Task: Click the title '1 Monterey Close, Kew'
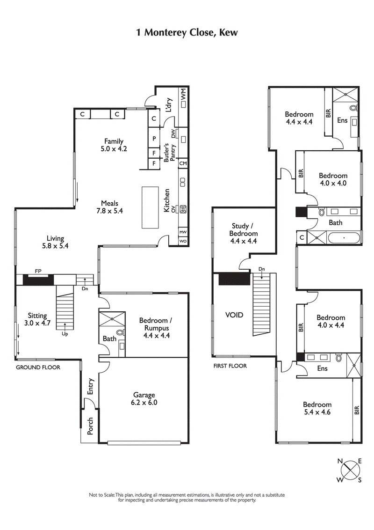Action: pos(187,33)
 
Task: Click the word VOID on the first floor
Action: pos(234,315)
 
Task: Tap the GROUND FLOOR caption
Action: pos(38,368)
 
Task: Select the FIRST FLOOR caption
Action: pos(230,366)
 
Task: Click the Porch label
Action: pos(91,426)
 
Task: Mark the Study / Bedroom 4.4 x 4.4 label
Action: pos(243,234)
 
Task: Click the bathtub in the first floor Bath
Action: pos(344,238)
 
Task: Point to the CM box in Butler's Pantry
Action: pos(183,163)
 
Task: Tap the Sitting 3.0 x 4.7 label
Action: pos(37,319)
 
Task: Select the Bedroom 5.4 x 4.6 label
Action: pos(317,408)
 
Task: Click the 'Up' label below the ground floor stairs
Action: pos(65,334)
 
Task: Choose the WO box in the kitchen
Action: pos(183,241)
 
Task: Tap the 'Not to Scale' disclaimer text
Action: pos(187,497)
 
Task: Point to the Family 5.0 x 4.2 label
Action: pos(114,145)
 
